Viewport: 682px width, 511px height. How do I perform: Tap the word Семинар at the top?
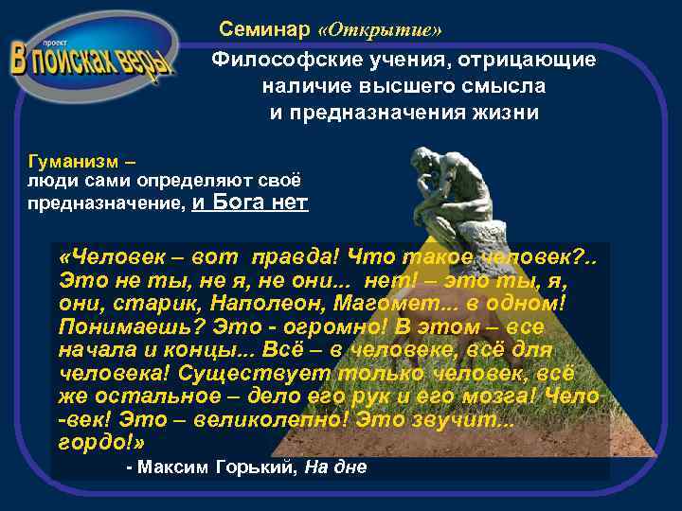264,29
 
